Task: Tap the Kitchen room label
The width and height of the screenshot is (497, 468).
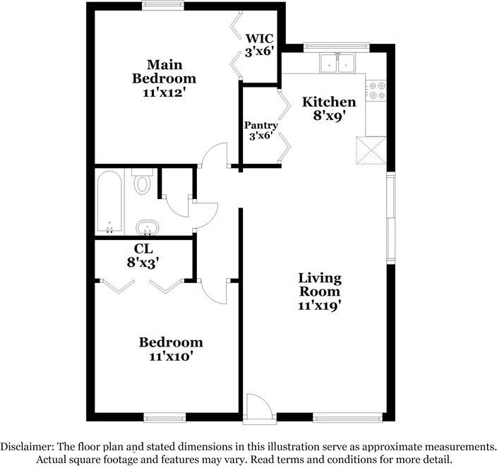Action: (329, 102)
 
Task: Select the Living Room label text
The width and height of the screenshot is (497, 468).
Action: (319, 284)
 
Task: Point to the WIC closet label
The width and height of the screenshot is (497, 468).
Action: (259, 38)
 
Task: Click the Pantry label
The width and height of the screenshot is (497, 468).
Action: (261, 125)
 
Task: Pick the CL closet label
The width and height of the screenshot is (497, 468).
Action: (143, 249)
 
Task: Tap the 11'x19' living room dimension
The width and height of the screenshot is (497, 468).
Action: (319, 306)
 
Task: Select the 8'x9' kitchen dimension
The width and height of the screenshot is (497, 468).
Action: (329, 117)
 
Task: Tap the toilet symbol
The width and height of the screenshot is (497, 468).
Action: (143, 182)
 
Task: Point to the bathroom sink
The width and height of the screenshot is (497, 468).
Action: (147, 227)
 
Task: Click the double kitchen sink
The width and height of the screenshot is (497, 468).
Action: (338, 64)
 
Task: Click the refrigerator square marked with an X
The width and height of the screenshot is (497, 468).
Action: (371, 149)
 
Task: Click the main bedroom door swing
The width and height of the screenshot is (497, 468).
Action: (213, 155)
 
